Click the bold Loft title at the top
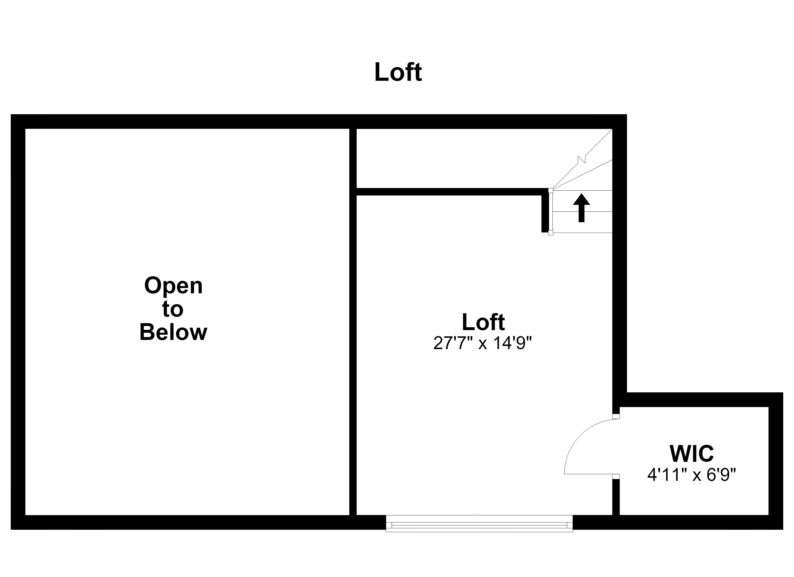click(398, 72)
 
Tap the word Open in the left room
click(173, 286)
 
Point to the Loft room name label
click(483, 322)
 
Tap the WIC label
click(692, 454)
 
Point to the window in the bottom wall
click(479, 523)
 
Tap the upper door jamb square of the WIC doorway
click(616, 416)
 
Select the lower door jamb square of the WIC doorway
click(616, 476)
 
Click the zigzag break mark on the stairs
click(582, 160)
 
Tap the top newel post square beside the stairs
click(551, 190)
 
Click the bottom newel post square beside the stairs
click(551, 233)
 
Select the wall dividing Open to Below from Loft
click(353, 322)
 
